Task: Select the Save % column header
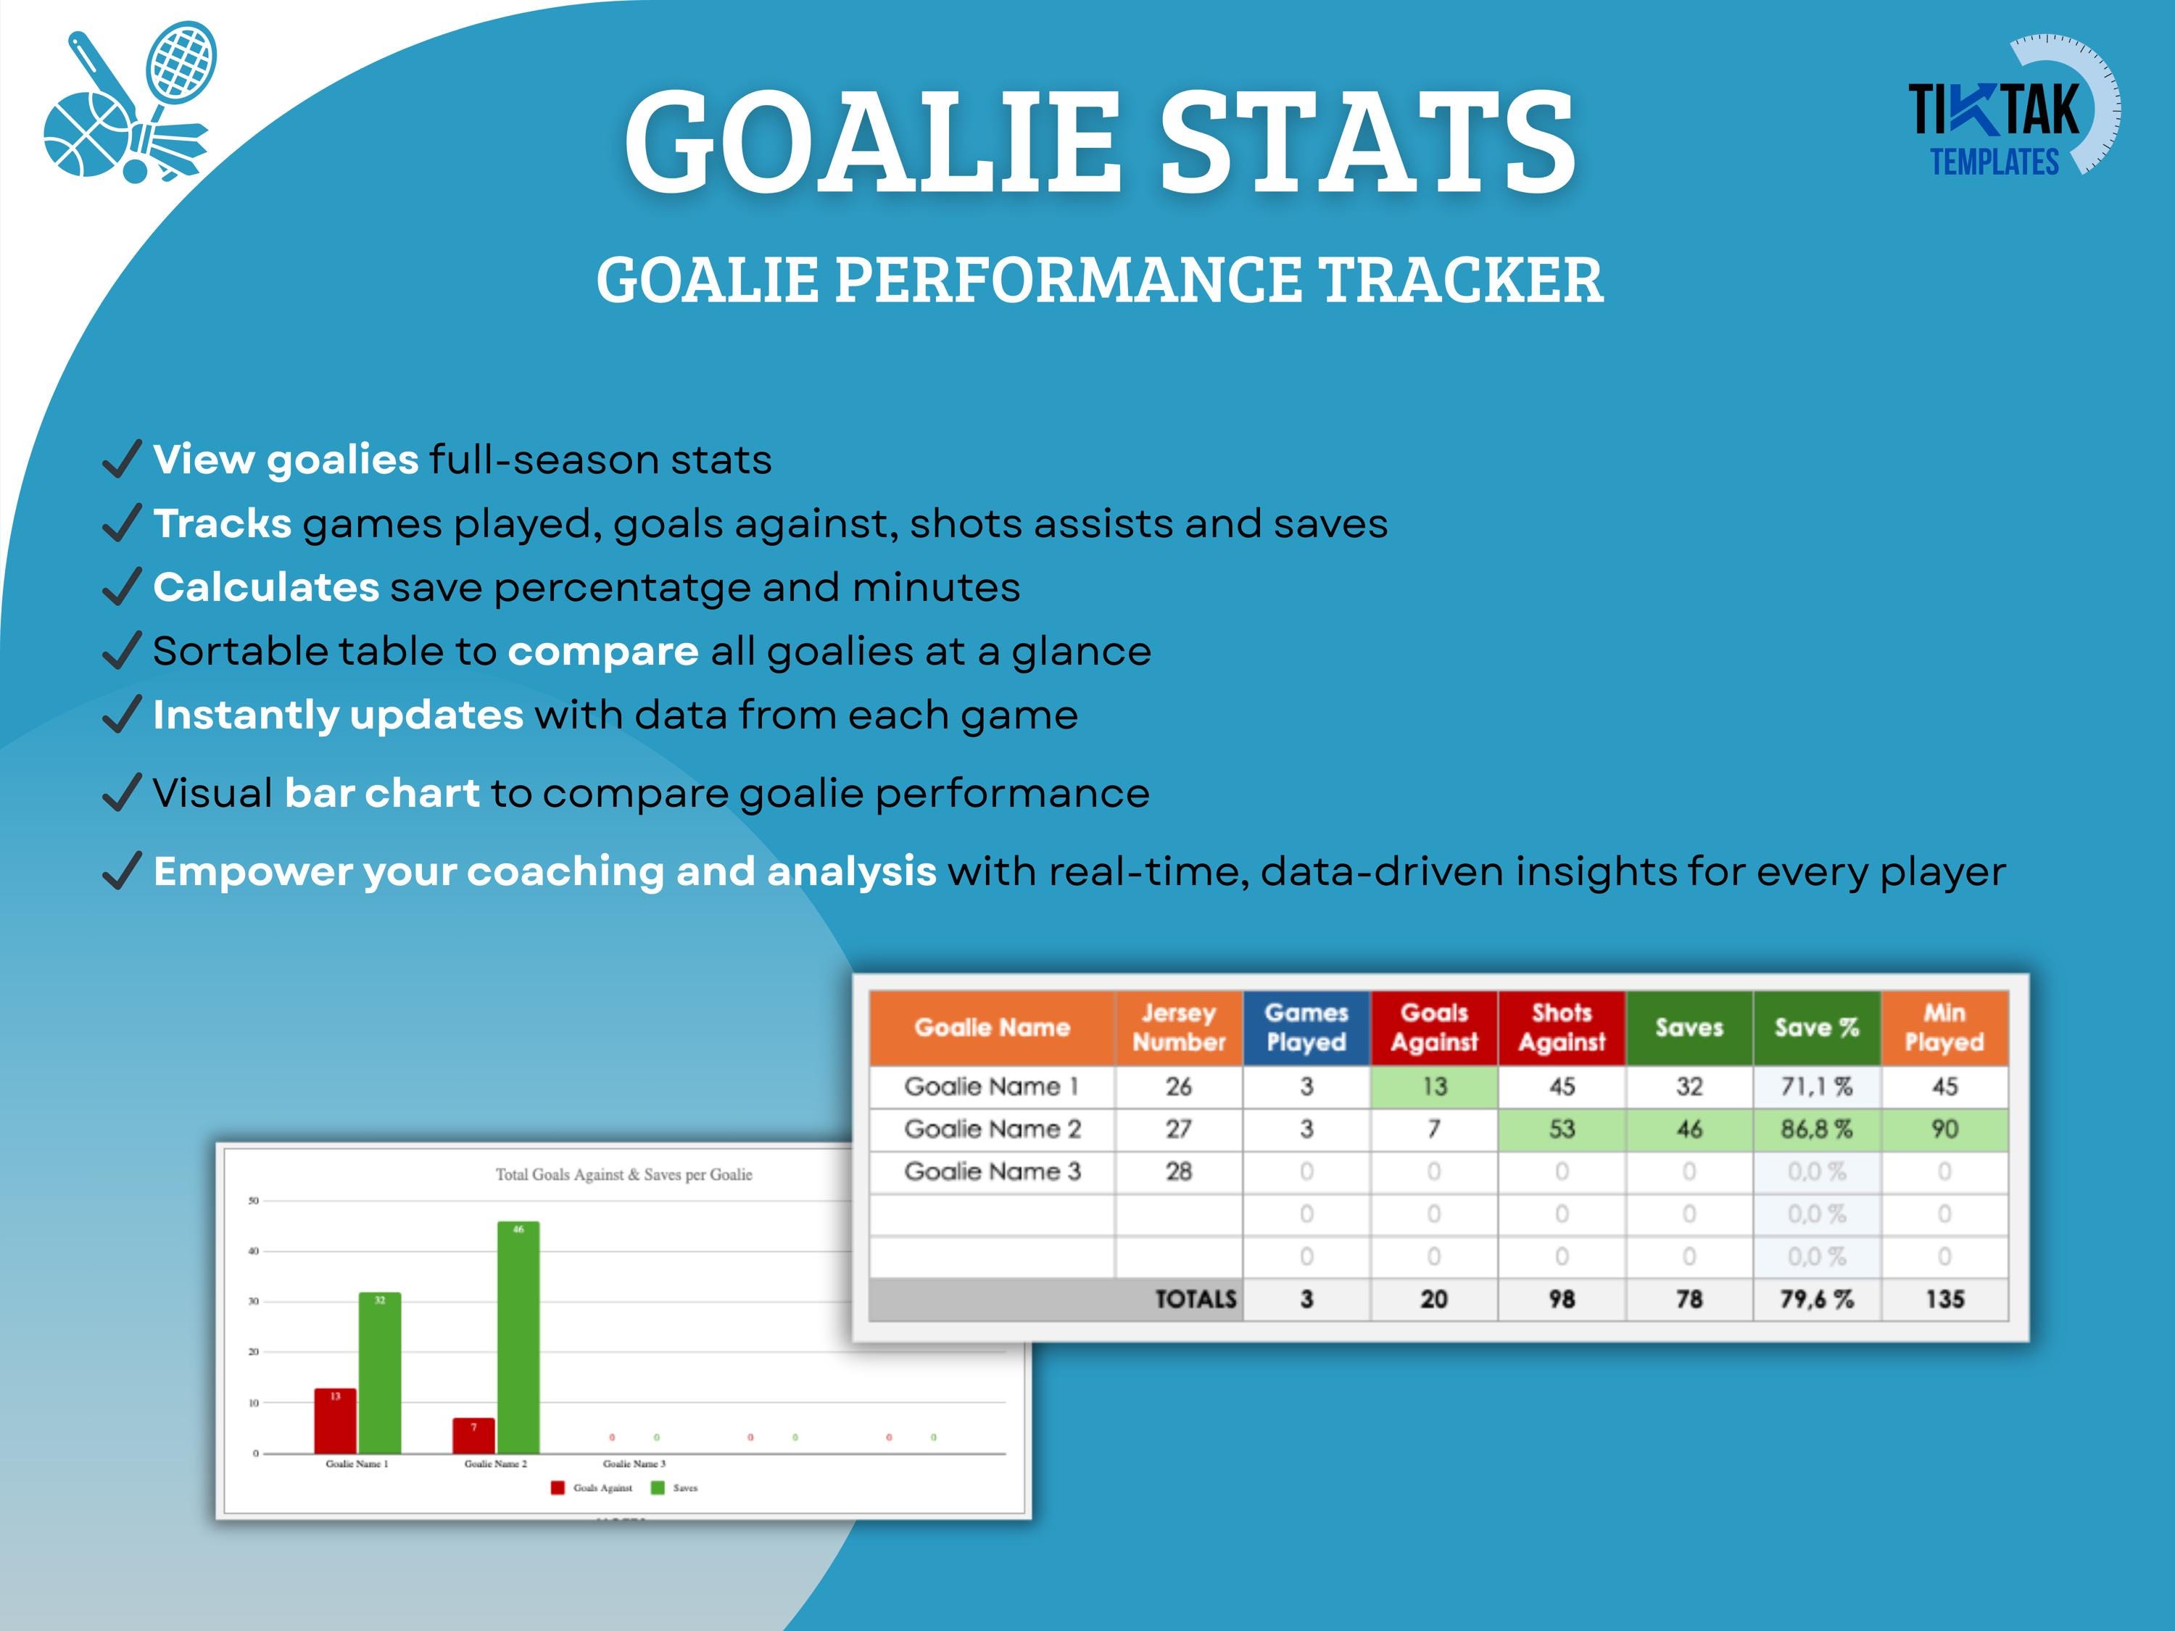pos(1816,1027)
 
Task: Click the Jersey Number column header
pos(1178,1027)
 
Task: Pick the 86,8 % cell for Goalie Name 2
pos(1816,1129)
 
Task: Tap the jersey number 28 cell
pos(1178,1171)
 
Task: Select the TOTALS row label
pos(1195,1299)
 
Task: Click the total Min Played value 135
pos(1944,1299)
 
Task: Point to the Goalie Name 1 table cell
pos(991,1087)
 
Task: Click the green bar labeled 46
pos(518,1337)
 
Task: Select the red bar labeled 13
pos(335,1422)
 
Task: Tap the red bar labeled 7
pos(473,1436)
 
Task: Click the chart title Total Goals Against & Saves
pos(623,1174)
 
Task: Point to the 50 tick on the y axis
pos(254,1200)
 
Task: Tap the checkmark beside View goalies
pos(122,459)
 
